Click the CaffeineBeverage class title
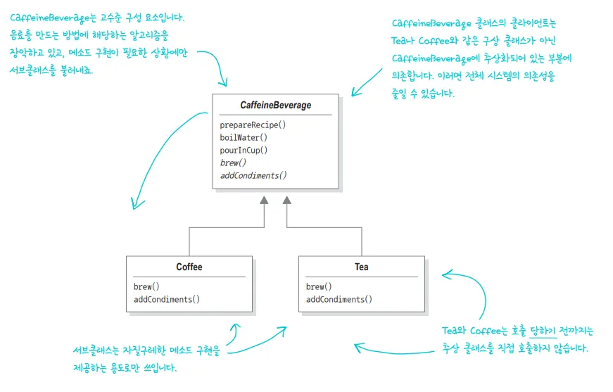tap(275, 105)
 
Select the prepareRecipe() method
tap(253, 125)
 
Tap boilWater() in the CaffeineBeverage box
tap(244, 137)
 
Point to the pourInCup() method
tap(244, 150)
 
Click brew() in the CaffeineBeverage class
tap(233, 163)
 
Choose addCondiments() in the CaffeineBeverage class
tap(253, 175)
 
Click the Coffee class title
tap(189, 267)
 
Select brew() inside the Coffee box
tap(146, 286)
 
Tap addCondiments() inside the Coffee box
tap(167, 299)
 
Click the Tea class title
tap(361, 267)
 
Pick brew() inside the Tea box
tap(319, 286)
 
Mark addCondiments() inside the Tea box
tap(339, 299)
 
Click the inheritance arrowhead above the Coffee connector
tap(264, 201)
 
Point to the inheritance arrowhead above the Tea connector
tap(286, 201)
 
